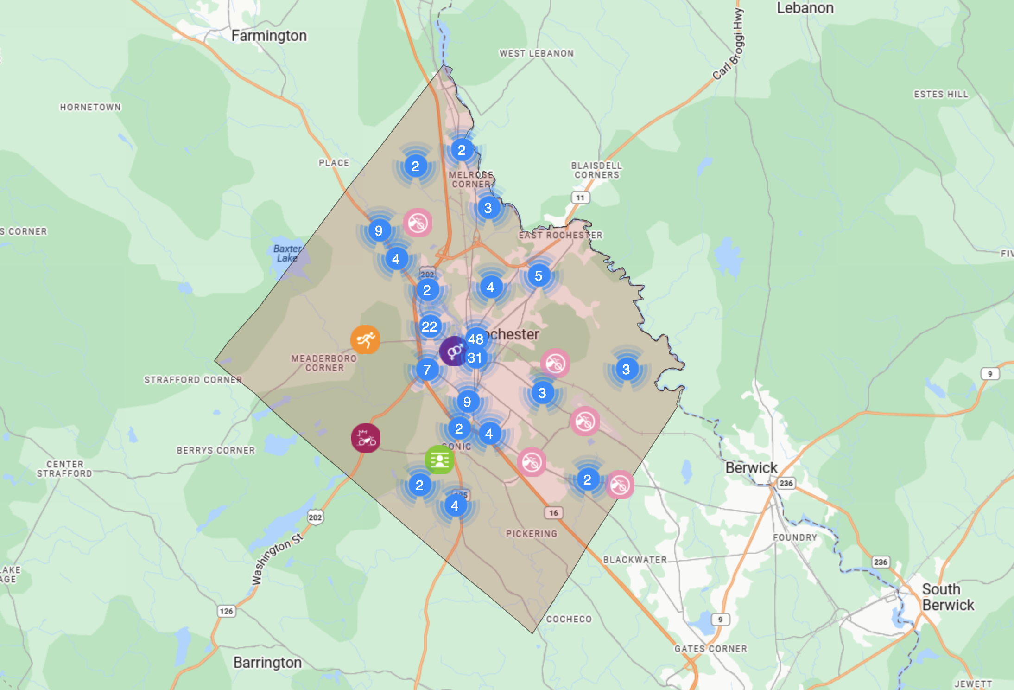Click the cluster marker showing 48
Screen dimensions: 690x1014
click(x=476, y=339)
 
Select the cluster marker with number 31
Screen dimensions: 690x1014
click(x=475, y=358)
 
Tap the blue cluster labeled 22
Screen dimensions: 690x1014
click(x=430, y=326)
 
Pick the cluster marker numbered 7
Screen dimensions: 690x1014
click(x=427, y=370)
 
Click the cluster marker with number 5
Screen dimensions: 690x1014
click(x=539, y=276)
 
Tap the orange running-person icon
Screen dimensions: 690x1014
click(x=365, y=339)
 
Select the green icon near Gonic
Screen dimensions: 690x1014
click(x=439, y=460)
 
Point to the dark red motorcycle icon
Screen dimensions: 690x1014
click(x=366, y=438)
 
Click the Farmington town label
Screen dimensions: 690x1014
click(x=269, y=36)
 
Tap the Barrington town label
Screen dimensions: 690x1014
click(x=267, y=662)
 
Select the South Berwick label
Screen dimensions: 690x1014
click(x=948, y=597)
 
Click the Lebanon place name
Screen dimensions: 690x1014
click(x=805, y=8)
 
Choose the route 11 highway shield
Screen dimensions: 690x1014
click(x=580, y=198)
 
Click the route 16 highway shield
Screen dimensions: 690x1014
click(x=554, y=513)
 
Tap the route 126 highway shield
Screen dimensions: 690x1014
click(x=226, y=611)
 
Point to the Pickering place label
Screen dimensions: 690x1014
click(x=532, y=534)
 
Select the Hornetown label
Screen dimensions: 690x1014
click(x=90, y=107)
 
